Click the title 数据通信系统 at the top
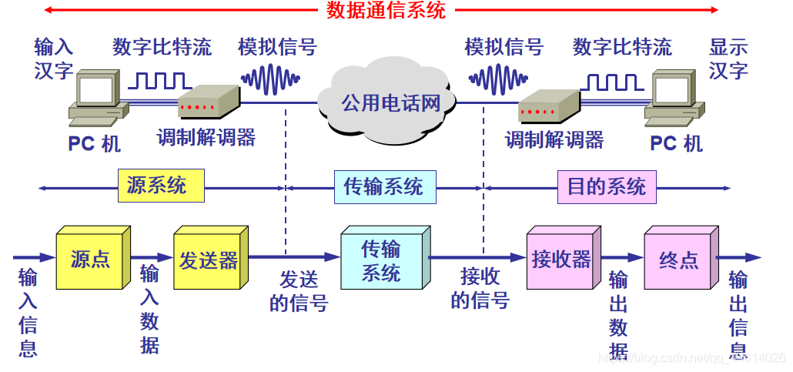[386, 10]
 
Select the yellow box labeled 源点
[90, 260]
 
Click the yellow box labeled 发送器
[208, 260]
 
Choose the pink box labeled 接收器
[560, 260]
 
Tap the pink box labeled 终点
[678, 260]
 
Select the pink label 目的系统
[606, 186]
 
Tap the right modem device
[547, 106]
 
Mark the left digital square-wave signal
[160, 79]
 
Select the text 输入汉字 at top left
[53, 59]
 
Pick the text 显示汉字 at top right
[728, 59]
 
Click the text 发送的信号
[299, 291]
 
